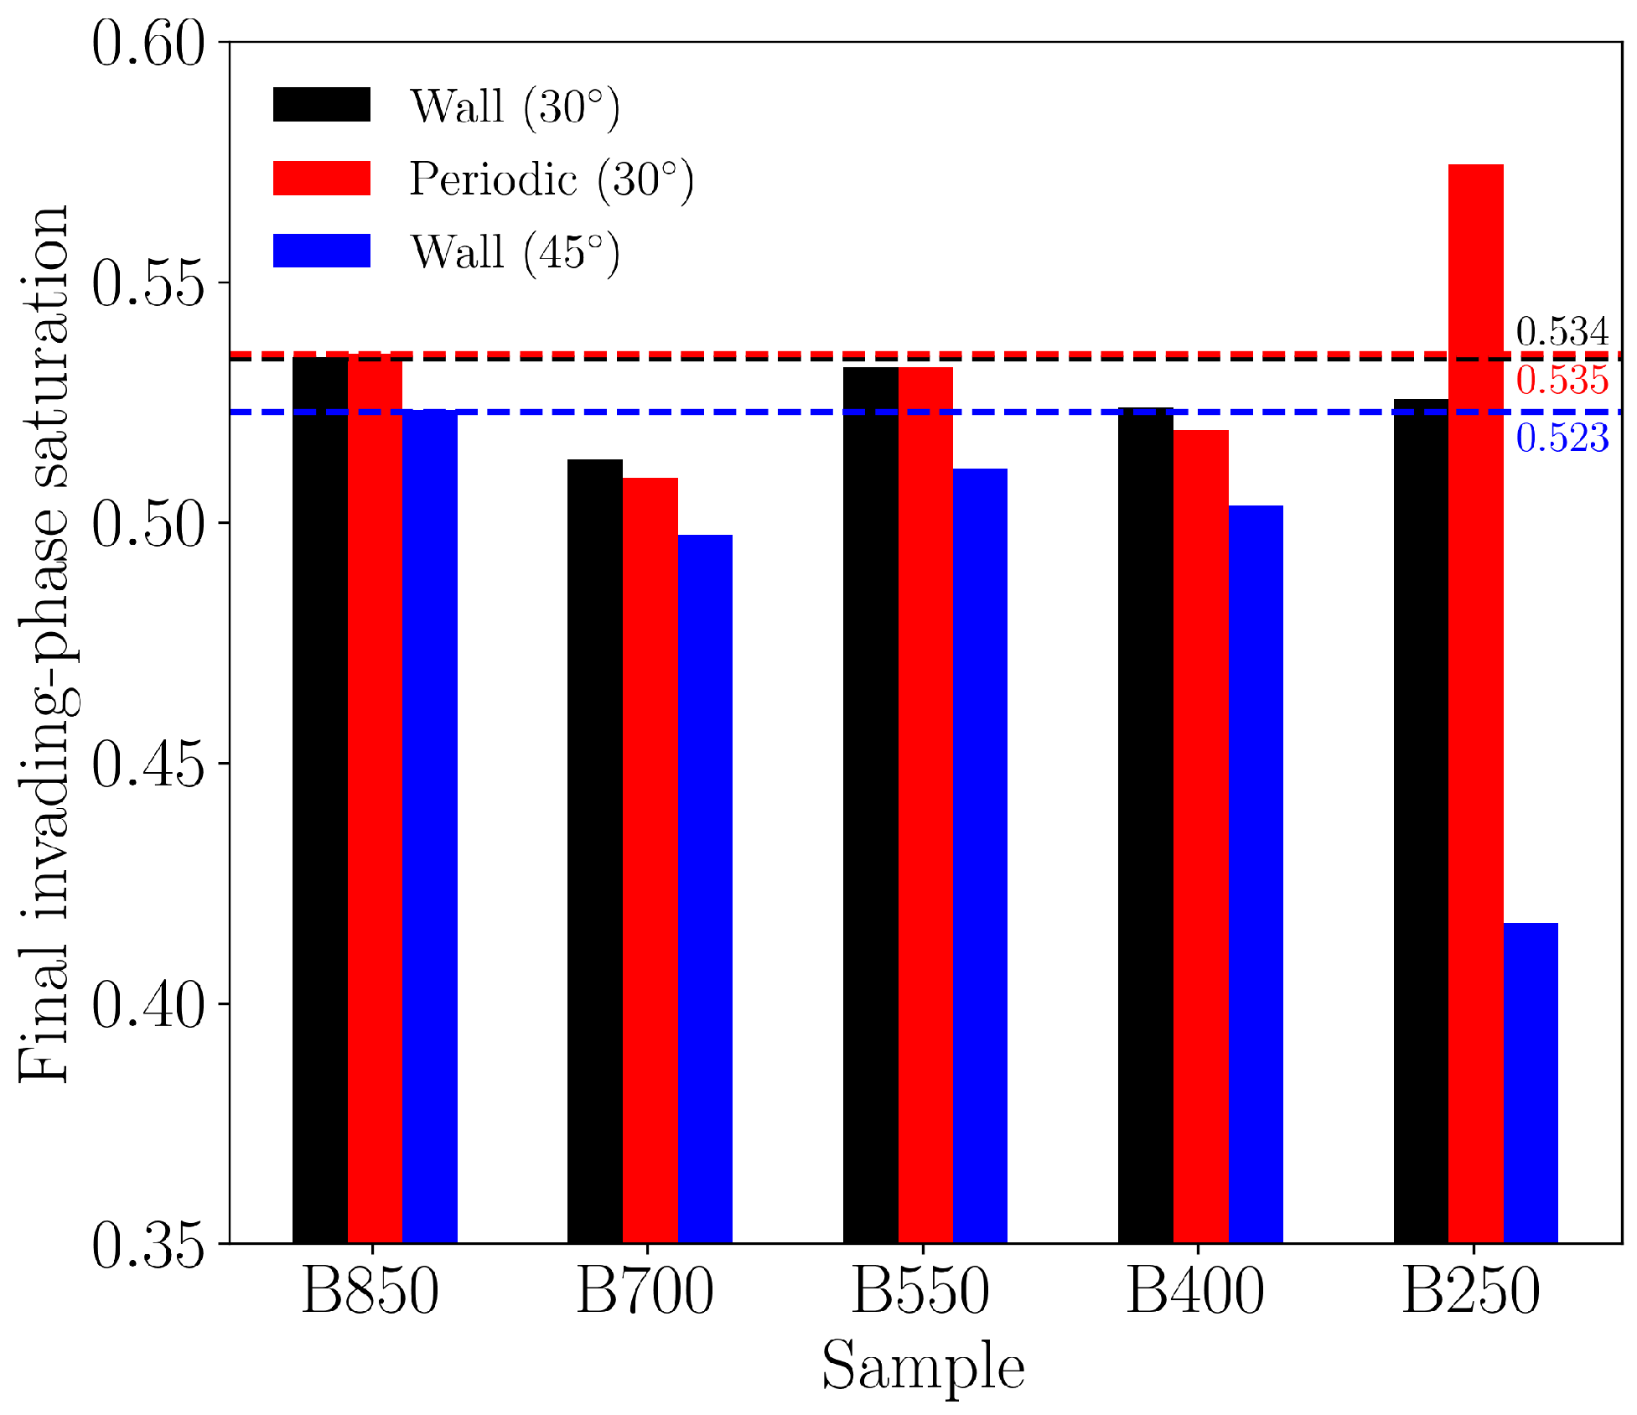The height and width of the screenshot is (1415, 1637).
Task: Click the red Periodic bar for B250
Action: tap(1475, 704)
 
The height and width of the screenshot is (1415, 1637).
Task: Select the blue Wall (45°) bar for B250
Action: tap(1531, 1082)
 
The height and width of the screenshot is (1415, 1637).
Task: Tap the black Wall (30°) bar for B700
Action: tap(595, 851)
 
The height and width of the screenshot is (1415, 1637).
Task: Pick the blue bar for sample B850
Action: tap(430, 826)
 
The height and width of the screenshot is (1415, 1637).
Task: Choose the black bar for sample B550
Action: tap(870, 805)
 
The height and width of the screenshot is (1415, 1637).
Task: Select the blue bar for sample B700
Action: tap(705, 889)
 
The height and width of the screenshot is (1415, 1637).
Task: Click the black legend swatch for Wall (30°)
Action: tap(322, 106)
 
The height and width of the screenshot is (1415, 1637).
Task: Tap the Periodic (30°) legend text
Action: tap(552, 179)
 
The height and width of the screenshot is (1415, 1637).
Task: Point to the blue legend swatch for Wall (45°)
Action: tap(322, 251)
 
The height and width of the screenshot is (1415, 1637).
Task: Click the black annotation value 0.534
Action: tap(1562, 333)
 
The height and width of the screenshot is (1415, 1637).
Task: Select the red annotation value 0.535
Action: tap(1562, 381)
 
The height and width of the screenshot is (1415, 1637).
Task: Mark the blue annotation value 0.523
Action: tap(1562, 438)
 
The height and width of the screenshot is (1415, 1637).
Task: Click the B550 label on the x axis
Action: tap(921, 1292)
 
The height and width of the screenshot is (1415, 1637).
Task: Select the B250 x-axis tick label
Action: tap(1472, 1292)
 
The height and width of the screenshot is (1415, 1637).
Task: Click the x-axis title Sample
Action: tap(923, 1366)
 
